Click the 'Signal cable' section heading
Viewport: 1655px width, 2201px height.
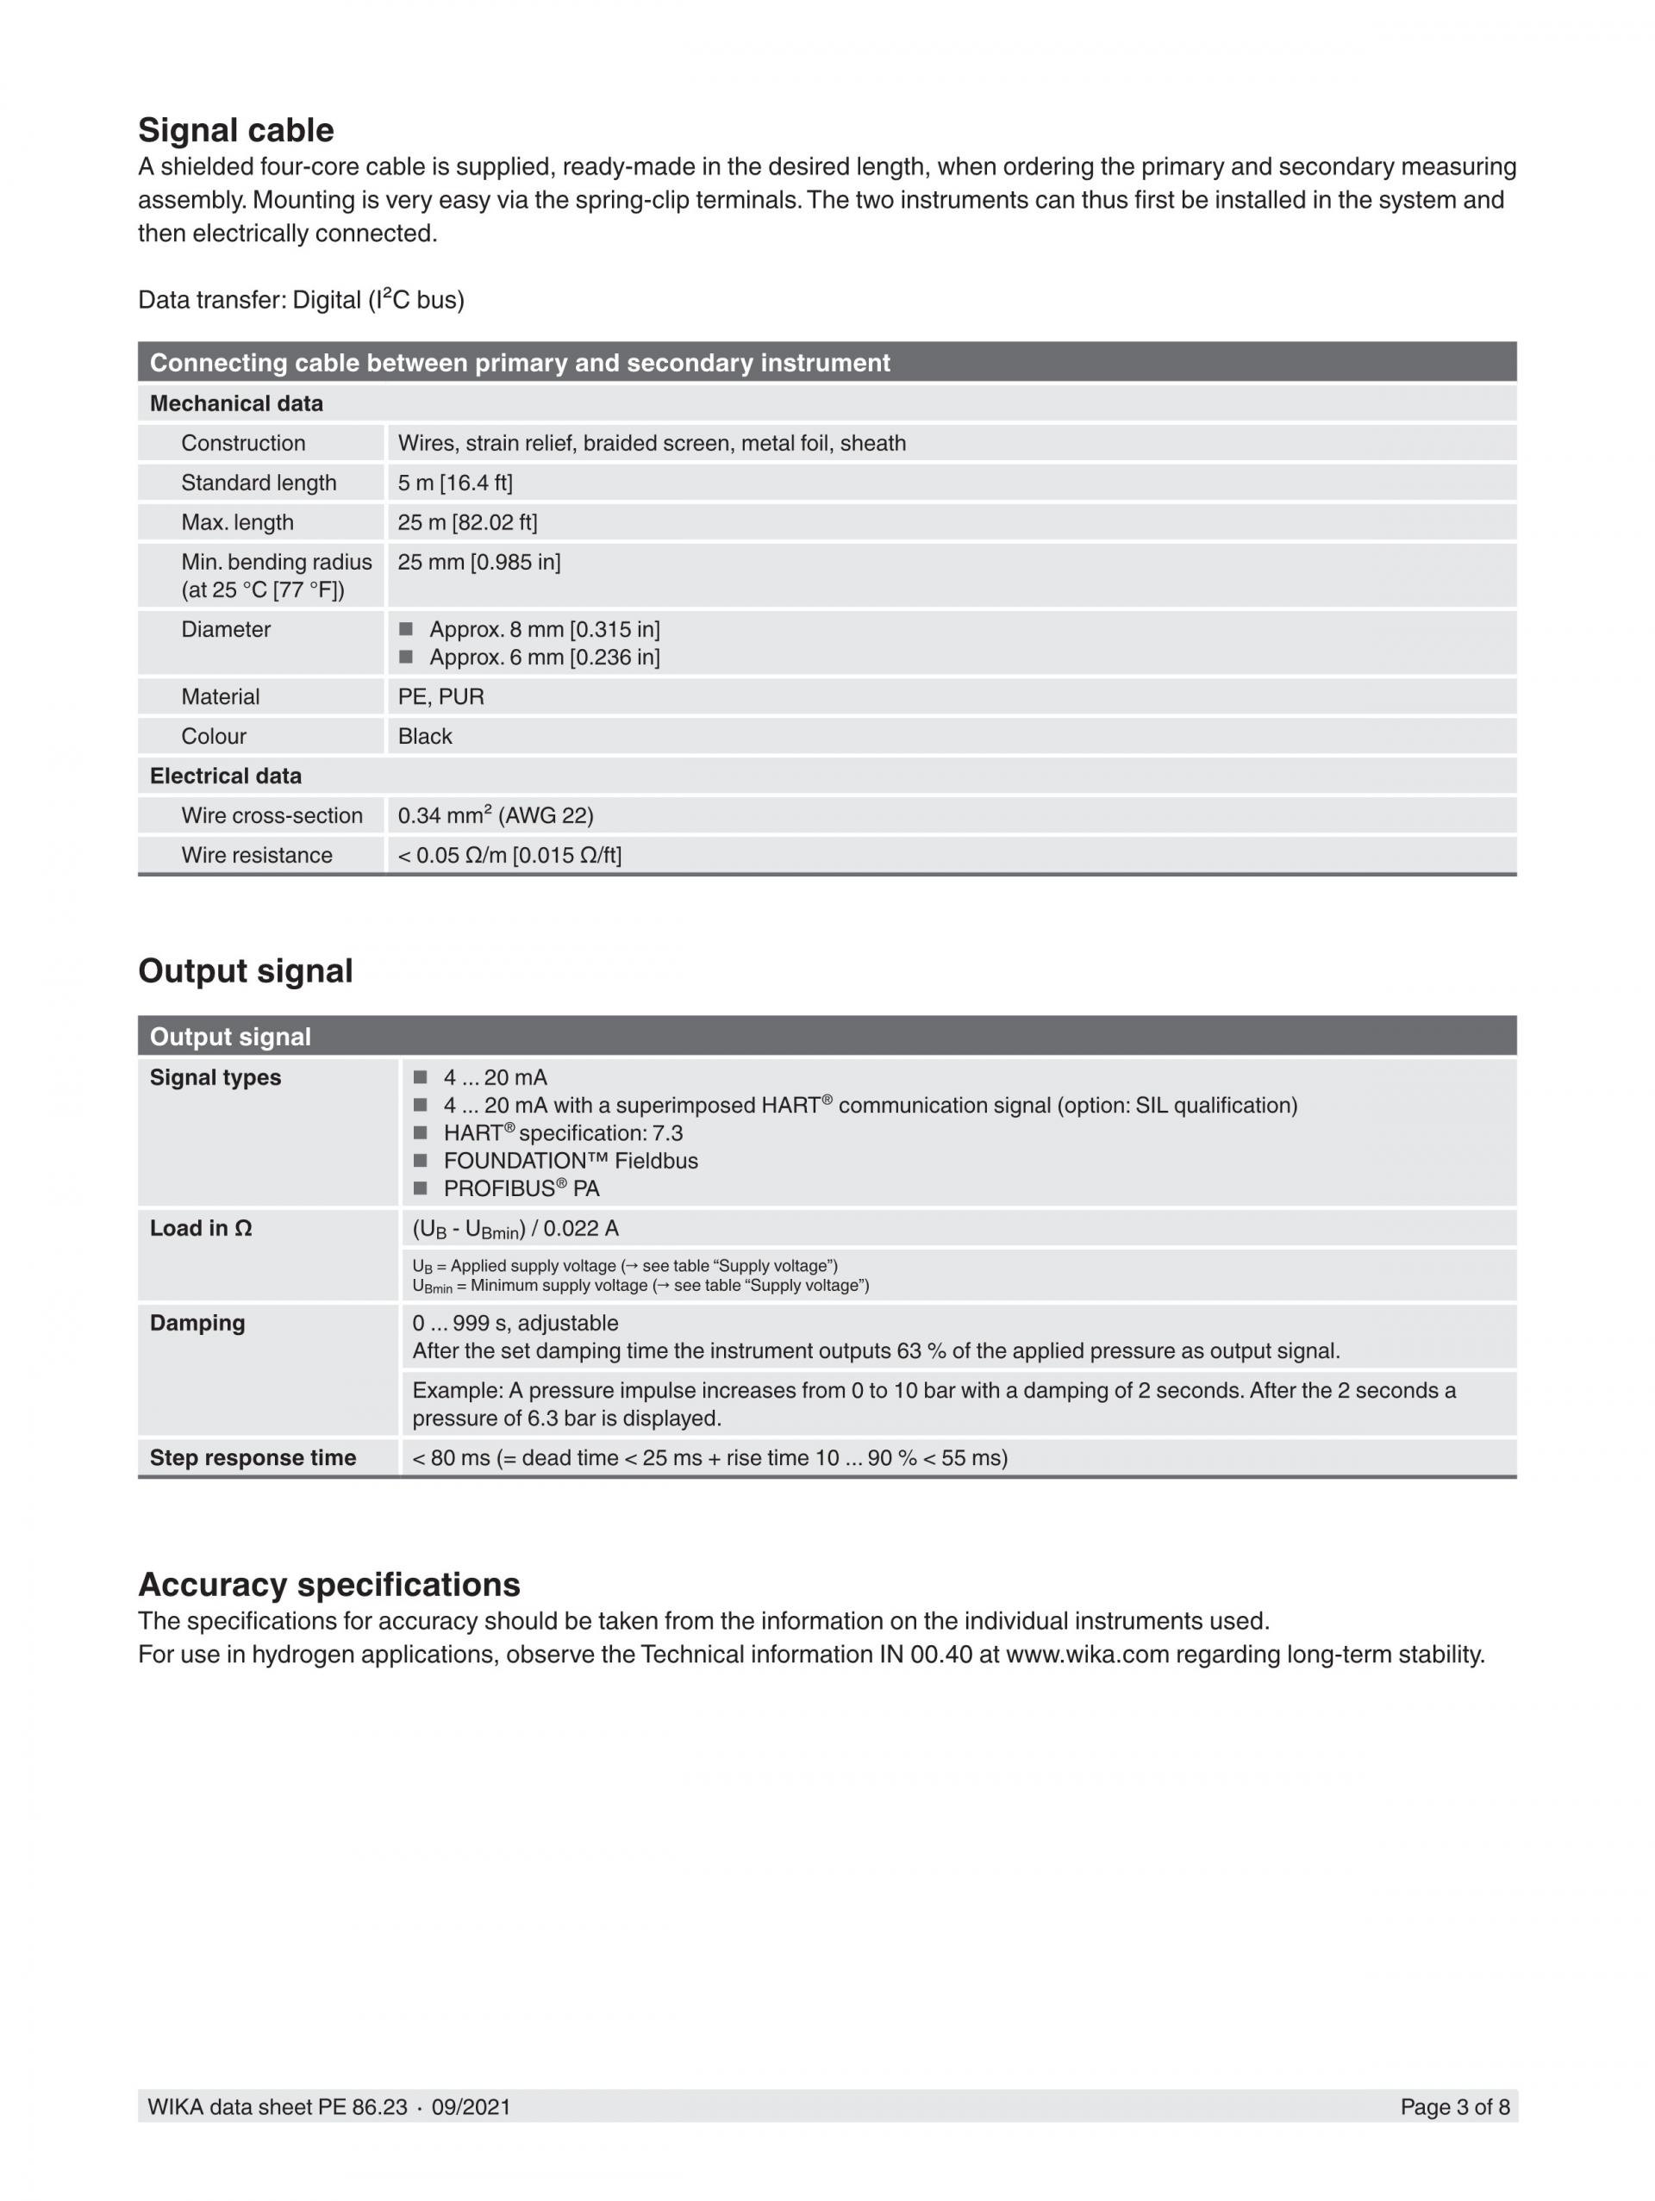(236, 130)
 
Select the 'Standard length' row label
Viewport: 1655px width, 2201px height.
(259, 483)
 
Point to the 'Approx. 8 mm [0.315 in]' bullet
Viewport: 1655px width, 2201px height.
(543, 629)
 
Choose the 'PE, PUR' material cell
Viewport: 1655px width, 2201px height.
(440, 696)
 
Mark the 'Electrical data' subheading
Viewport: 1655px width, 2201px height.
(226, 776)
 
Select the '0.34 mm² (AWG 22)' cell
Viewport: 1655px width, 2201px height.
(496, 816)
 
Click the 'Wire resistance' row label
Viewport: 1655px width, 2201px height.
(257, 856)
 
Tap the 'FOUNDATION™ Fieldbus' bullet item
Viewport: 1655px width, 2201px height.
(571, 1160)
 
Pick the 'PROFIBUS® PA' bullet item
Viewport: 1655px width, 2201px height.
(521, 1188)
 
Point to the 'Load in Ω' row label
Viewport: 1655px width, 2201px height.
(201, 1228)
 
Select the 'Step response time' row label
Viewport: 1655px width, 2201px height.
(253, 1458)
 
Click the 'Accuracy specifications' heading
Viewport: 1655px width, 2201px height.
(329, 1584)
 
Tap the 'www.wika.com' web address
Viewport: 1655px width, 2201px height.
(1087, 1655)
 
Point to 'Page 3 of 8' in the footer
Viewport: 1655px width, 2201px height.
(1454, 2106)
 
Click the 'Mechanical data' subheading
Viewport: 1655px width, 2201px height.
(236, 403)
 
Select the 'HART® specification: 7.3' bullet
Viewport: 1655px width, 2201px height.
(562, 1132)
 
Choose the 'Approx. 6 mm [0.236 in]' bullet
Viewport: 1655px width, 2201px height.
(543, 657)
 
